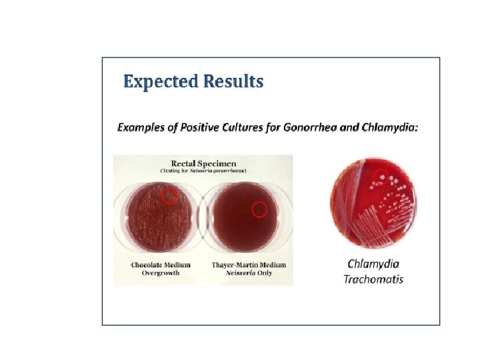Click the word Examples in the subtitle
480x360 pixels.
142,127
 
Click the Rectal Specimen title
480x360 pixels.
203,163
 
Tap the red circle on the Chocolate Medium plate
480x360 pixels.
170,195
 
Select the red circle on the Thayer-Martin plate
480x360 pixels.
259,209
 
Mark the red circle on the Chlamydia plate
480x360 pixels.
380,176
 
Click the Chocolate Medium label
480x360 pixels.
161,265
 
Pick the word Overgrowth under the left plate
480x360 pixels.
161,273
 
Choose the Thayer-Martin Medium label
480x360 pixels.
249,265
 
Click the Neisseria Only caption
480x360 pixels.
249,273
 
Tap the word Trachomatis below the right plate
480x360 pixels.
373,279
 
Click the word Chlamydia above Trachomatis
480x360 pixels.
373,264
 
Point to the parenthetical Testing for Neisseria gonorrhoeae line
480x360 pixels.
203,171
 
